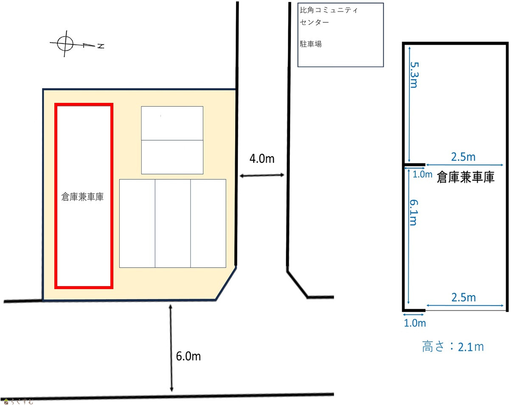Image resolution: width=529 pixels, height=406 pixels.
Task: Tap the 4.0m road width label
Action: [x=262, y=159]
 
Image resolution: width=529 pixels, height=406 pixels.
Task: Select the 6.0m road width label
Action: [x=189, y=357]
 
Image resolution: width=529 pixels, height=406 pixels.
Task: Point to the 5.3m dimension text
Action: [x=414, y=75]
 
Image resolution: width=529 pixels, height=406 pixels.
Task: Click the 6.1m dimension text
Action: [x=414, y=213]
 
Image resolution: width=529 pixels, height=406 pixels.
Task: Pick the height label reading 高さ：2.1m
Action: [x=453, y=347]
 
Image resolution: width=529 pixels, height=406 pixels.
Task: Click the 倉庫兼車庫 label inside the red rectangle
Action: [x=82, y=197]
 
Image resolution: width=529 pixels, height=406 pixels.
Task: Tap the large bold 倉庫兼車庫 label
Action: [x=465, y=177]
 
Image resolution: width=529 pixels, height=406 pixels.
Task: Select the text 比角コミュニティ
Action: [x=329, y=10]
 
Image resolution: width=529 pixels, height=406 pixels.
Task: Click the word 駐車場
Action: [x=311, y=44]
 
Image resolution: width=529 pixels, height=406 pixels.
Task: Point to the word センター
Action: [x=314, y=23]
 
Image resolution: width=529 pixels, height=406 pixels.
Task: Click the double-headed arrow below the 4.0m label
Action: [x=262, y=175]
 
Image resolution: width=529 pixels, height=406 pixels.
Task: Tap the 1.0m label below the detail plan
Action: [x=415, y=324]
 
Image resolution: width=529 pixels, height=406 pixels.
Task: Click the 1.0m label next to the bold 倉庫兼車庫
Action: [x=422, y=174]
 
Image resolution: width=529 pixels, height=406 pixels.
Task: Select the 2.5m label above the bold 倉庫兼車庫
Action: [x=463, y=157]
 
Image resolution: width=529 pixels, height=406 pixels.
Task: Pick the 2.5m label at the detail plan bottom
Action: [x=464, y=298]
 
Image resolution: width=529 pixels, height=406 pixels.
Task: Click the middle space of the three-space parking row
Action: [x=173, y=224]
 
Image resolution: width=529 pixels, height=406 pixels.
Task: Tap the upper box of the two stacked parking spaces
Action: [x=172, y=123]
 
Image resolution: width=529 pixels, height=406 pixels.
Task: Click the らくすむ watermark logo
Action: [x=19, y=401]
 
